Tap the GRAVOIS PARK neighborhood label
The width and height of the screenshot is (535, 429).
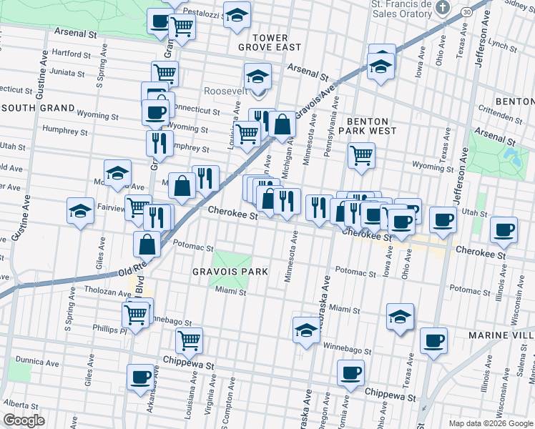(230, 272)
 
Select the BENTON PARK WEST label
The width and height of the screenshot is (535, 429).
(368, 126)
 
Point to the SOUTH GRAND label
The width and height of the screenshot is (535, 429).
(39, 108)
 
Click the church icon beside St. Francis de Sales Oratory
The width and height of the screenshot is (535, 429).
(443, 9)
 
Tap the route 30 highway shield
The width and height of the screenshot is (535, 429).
(466, 12)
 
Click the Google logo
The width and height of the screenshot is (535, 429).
(24, 420)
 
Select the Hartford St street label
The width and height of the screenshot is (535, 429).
(70, 53)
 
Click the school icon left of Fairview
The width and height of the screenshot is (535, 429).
(81, 211)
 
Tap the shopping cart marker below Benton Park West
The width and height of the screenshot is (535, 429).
(362, 154)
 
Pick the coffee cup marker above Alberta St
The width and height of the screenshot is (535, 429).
(141, 376)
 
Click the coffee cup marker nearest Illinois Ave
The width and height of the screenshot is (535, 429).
(505, 229)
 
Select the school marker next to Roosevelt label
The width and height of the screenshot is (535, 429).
(257, 76)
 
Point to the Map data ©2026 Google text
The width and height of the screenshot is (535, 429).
(491, 423)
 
